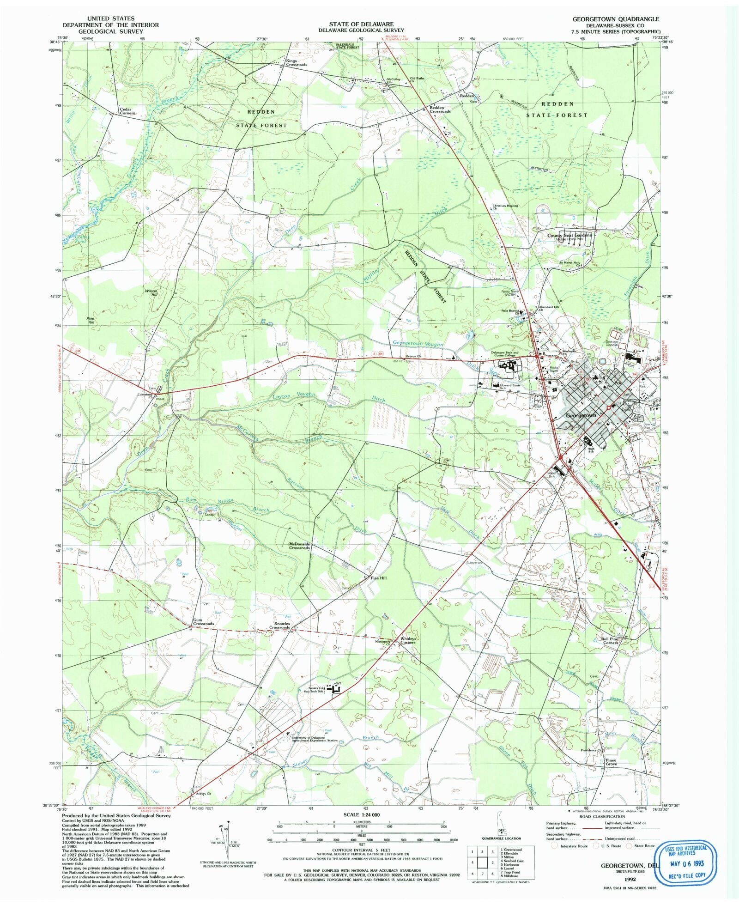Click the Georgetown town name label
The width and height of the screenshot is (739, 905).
pyautogui.click(x=581, y=416)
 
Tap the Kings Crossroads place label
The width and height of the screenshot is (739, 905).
pyautogui.click(x=296, y=63)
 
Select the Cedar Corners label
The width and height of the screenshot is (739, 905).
pyautogui.click(x=127, y=111)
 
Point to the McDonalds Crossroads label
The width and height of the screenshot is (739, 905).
pyautogui.click(x=299, y=546)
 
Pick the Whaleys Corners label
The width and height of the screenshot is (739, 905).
pyautogui.click(x=408, y=640)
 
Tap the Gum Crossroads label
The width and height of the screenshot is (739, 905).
pyautogui.click(x=203, y=622)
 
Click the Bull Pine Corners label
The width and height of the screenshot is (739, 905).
pyautogui.click(x=610, y=641)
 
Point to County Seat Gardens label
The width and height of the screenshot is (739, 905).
pyautogui.click(x=569, y=235)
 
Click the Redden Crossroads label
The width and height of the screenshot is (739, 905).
pyautogui.click(x=440, y=109)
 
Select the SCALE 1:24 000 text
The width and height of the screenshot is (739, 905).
pyautogui.click(x=361, y=815)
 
